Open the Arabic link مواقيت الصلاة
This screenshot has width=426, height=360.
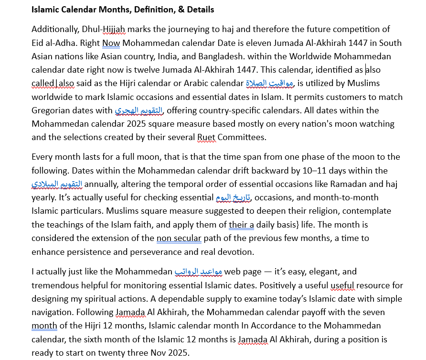(270, 83)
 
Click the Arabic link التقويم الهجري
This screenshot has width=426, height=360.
(139, 110)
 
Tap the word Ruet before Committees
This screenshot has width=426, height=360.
(206, 137)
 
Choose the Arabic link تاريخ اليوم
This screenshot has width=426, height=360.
(233, 197)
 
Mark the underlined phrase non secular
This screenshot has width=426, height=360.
(179, 238)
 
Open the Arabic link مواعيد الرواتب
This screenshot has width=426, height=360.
(198, 272)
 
